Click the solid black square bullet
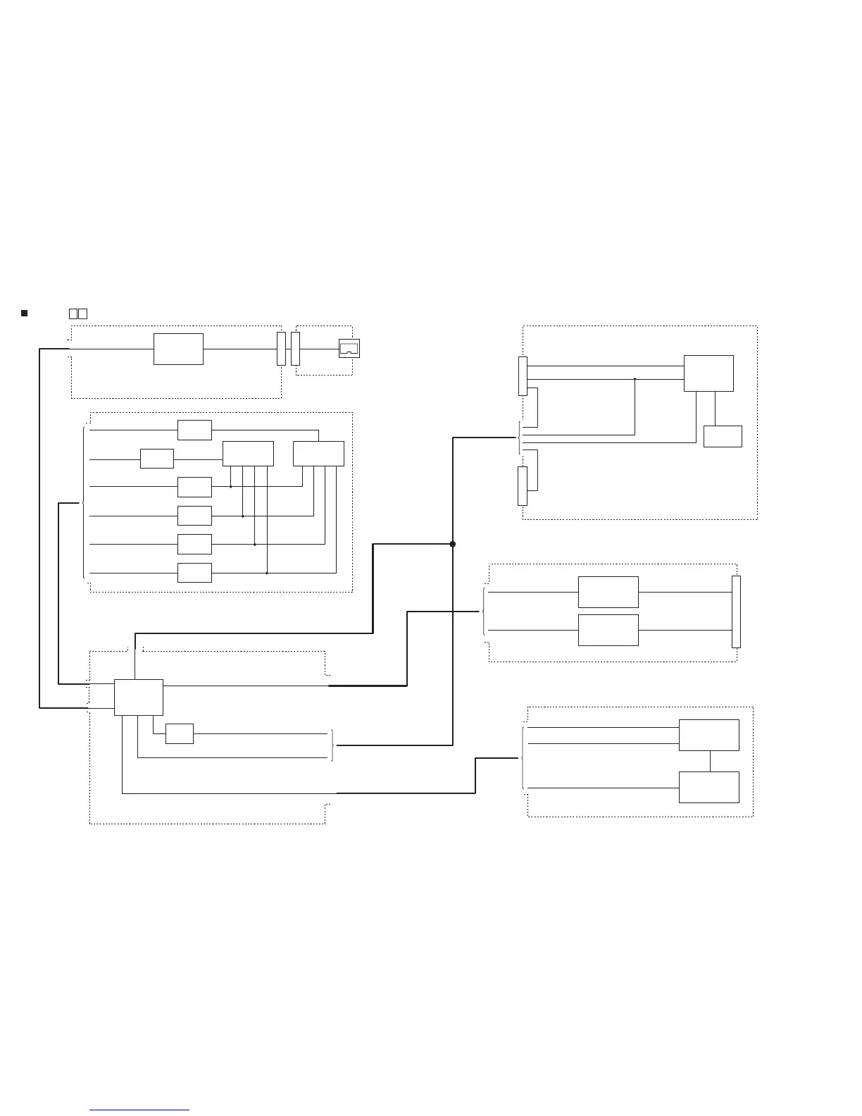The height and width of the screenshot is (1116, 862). click(24, 313)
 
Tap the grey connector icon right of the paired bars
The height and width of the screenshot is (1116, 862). click(349, 348)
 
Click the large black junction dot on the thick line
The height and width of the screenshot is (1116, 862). click(453, 544)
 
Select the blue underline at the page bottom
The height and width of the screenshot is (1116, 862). click(139, 1110)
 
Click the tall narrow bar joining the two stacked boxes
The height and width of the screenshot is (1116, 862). click(736, 612)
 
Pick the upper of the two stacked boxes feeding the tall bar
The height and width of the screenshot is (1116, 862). click(608, 592)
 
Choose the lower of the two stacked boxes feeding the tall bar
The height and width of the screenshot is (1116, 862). click(608, 630)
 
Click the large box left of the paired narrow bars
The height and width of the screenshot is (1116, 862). click(178, 349)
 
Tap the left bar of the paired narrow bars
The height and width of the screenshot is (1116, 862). click(281, 349)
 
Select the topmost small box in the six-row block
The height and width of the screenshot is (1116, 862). click(194, 430)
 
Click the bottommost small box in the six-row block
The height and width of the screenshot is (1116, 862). click(194, 573)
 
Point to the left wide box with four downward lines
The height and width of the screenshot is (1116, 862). click(248, 454)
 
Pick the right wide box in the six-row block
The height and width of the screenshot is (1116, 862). click(318, 454)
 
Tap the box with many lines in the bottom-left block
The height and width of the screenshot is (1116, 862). click(139, 697)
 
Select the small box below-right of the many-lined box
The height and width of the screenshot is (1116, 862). click(179, 733)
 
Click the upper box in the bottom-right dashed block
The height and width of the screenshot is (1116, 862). click(708, 735)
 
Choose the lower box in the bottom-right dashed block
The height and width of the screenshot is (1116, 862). click(708, 787)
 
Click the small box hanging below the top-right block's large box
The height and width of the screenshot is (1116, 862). click(723, 436)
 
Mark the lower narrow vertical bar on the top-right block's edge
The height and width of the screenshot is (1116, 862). click(522, 486)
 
